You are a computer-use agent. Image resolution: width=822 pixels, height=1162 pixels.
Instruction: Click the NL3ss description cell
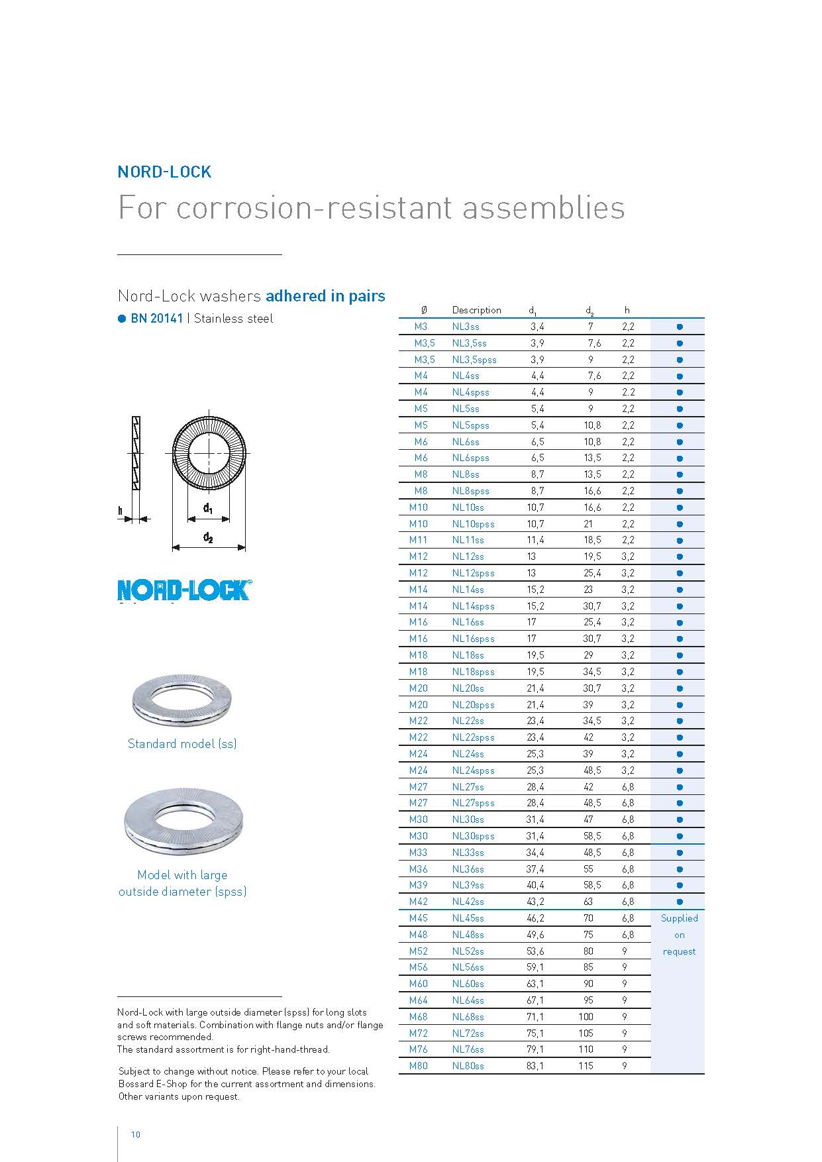[466, 327]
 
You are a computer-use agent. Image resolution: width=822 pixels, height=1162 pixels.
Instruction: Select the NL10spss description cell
[473, 524]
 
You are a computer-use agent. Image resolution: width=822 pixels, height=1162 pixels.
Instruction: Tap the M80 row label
[418, 1066]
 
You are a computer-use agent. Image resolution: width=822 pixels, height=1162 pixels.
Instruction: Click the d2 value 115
[586, 1066]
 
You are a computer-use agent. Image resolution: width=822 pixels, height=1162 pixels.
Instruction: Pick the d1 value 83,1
[535, 1066]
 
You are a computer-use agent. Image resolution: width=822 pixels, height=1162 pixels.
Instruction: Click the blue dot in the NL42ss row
[679, 902]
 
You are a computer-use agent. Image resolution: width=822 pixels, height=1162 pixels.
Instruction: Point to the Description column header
[476, 310]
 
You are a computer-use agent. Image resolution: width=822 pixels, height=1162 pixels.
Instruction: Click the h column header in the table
[627, 310]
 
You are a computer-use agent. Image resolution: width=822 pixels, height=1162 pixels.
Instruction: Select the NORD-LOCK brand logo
[184, 590]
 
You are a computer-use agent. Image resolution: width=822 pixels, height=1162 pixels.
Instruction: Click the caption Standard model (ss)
[182, 744]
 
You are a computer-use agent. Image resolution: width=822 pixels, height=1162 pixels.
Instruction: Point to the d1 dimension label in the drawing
[208, 509]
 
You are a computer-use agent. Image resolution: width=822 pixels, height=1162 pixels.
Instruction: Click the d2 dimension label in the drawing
[208, 537]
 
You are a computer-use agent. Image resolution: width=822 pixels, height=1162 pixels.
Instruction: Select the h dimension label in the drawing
[121, 511]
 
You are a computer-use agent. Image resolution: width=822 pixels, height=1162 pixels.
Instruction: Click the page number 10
[136, 1135]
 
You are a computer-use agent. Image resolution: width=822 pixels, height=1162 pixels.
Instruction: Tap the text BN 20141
[157, 319]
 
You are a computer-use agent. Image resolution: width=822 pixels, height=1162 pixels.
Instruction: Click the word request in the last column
[679, 951]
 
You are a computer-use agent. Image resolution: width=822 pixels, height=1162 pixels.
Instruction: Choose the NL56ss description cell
[468, 967]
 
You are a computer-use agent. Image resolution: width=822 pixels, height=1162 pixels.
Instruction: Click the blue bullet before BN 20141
[122, 319]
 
